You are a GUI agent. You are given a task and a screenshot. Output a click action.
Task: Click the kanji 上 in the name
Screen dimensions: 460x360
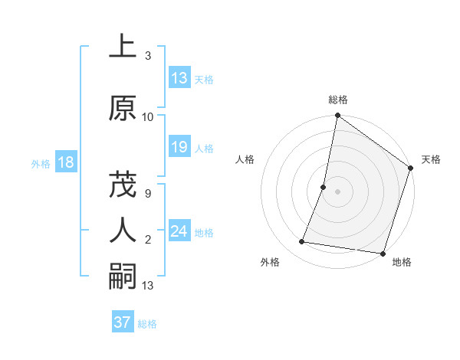123,47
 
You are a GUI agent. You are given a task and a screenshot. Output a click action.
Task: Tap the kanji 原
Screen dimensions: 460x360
123,109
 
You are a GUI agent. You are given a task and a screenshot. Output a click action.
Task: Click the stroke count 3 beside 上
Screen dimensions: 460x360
147,56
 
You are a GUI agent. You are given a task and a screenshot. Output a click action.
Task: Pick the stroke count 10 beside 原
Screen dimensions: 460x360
148,117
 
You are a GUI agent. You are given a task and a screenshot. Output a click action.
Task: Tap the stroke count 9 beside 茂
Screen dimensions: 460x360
147,194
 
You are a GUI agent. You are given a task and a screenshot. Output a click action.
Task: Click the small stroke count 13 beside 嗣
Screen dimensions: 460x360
148,286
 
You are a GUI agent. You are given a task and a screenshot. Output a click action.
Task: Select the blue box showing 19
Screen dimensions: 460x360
179,148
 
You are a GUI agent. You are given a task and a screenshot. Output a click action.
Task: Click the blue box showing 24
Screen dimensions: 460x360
179,231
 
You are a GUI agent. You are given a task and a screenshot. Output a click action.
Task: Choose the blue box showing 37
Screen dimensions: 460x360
122,322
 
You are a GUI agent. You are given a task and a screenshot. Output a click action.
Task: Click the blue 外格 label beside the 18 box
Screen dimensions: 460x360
41,163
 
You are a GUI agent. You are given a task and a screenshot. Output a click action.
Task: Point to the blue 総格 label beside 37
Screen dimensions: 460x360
147,323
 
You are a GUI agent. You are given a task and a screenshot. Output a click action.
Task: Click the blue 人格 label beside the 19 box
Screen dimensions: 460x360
204,149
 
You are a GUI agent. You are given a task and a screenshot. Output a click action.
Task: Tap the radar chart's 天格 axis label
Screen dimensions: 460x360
431,159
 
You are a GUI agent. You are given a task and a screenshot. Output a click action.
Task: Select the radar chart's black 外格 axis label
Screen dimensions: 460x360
270,262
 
